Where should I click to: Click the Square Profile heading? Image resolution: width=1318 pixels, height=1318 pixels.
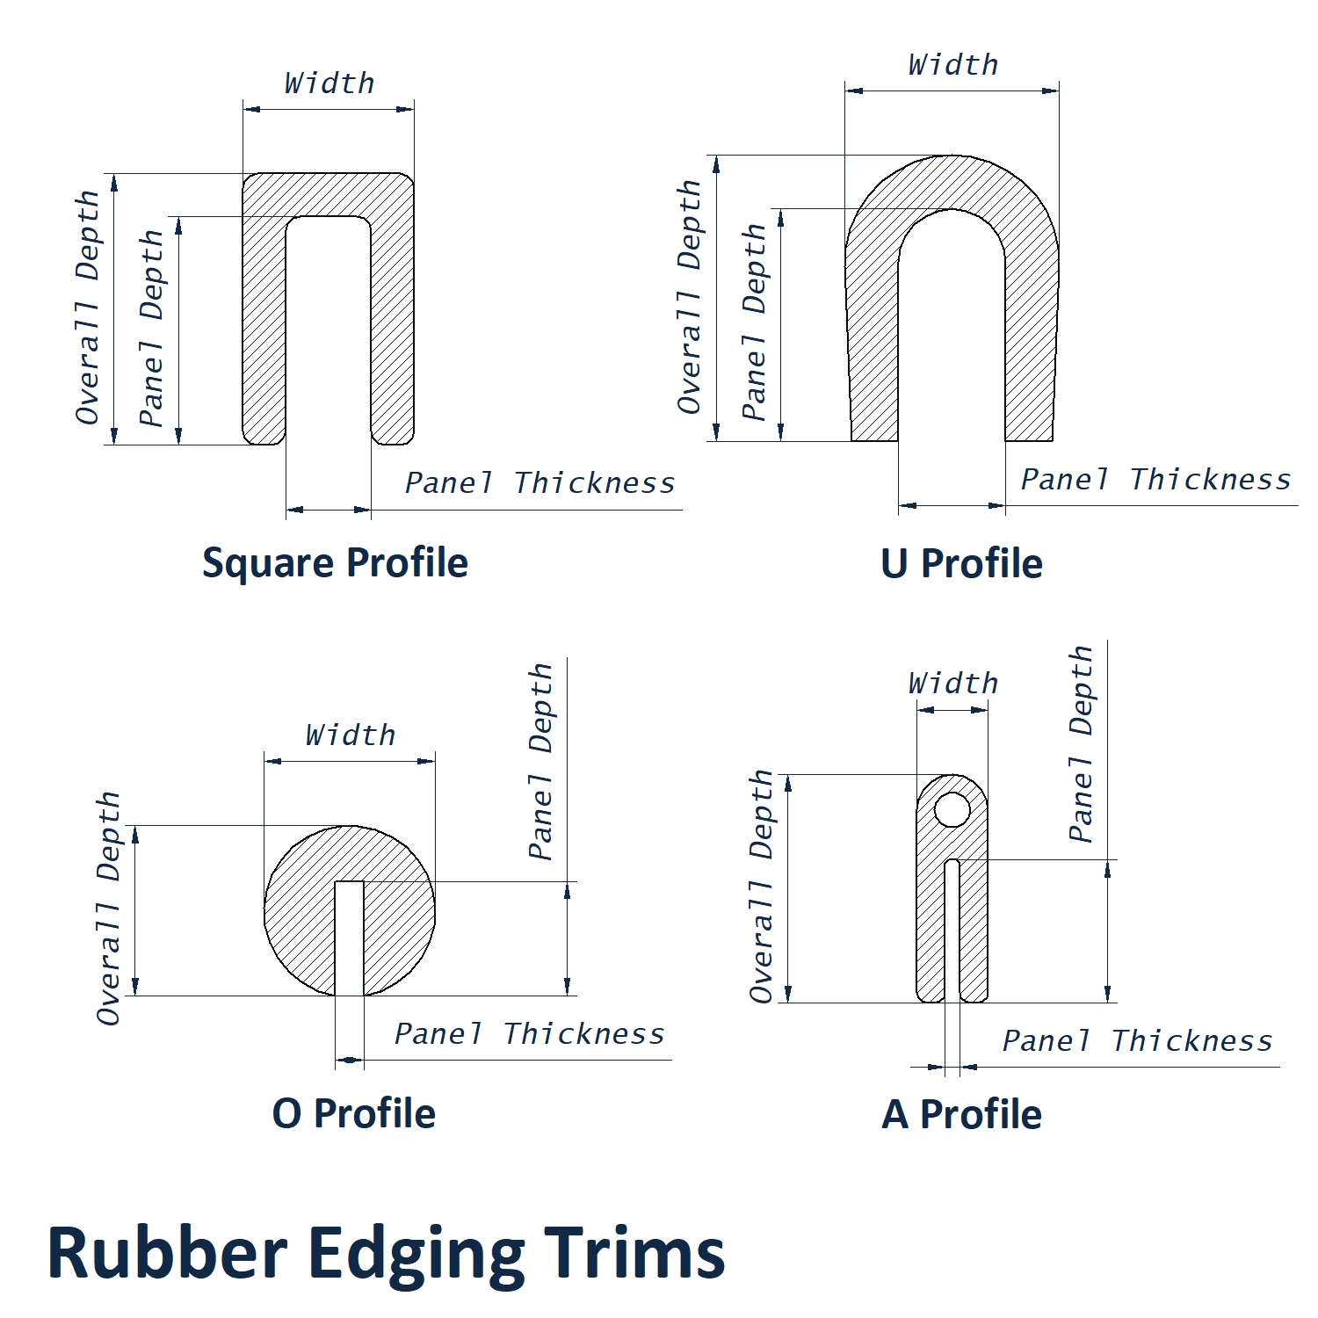(335, 563)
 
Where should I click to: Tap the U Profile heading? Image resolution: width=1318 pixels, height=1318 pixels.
(961, 563)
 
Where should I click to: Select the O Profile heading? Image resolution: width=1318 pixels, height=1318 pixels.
(353, 1113)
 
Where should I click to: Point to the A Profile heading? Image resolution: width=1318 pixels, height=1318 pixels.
(961, 1114)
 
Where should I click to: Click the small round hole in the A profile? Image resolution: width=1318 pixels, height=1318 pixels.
(952, 809)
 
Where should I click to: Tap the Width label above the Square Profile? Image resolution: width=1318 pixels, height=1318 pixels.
(329, 83)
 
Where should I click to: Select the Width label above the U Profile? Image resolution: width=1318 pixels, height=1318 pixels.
(953, 65)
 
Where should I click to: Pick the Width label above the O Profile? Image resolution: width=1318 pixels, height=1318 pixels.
(351, 735)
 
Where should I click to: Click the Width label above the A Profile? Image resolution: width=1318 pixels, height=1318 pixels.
(953, 684)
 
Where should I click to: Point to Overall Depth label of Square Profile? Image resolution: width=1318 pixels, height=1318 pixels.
(88, 308)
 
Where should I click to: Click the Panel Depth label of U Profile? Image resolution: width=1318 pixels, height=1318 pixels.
(755, 322)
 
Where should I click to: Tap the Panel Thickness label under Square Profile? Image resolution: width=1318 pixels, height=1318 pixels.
(540, 483)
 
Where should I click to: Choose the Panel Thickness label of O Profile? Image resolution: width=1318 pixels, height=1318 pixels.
(529, 1034)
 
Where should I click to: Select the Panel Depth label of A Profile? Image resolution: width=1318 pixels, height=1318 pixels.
(1082, 744)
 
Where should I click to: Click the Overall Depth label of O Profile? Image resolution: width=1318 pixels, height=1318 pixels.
(109, 909)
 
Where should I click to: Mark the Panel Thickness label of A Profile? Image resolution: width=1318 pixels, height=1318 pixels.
(1137, 1041)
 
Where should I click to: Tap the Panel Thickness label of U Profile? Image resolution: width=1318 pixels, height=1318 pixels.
(1155, 480)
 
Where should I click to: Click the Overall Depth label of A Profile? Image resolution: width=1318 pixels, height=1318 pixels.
(762, 887)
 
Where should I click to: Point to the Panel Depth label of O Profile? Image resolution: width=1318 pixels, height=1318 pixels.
(541, 761)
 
